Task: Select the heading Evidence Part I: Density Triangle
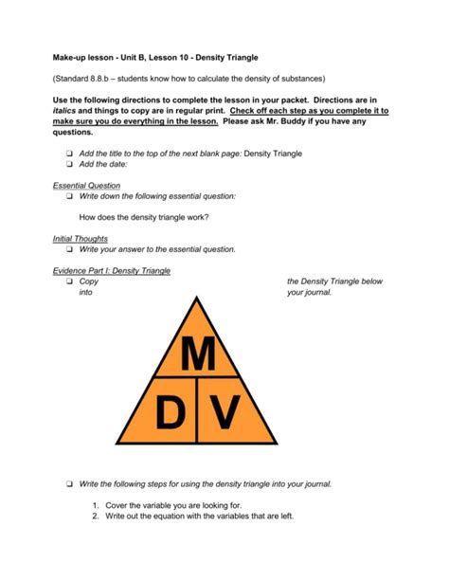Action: [x=111, y=270]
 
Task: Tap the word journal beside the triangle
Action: [x=329, y=294]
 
